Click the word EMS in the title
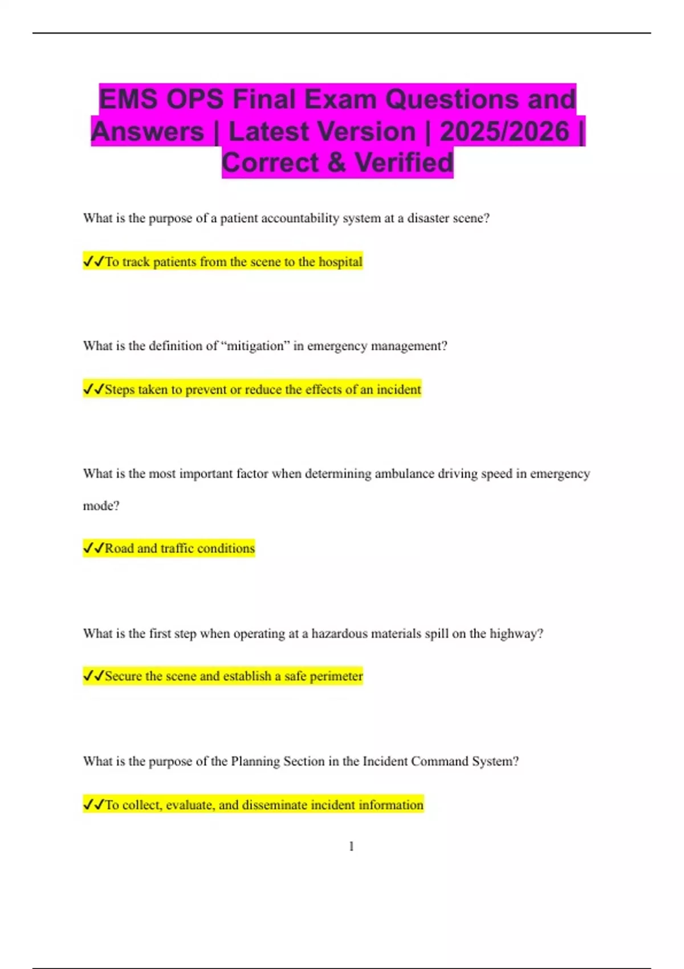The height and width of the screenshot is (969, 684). (128, 99)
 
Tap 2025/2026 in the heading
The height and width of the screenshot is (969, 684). (504, 131)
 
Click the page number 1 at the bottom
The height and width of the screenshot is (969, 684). (351, 846)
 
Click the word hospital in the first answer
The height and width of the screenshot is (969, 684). (340, 262)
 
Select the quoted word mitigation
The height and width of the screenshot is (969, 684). (255, 346)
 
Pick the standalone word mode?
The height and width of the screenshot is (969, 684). (101, 506)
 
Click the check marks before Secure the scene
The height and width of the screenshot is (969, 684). (93, 676)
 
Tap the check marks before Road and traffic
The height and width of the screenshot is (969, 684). (93, 548)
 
